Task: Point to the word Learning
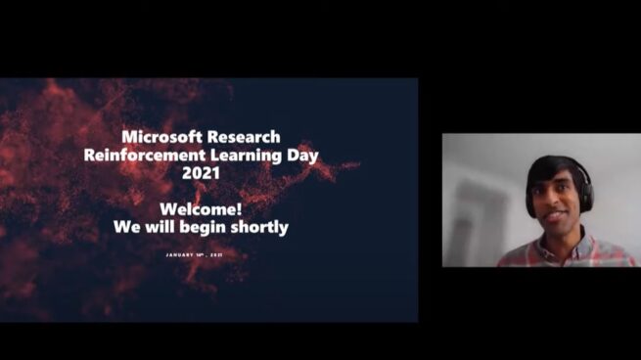pos(256,155)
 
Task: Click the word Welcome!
pos(201,209)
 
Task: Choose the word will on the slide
pos(160,227)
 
